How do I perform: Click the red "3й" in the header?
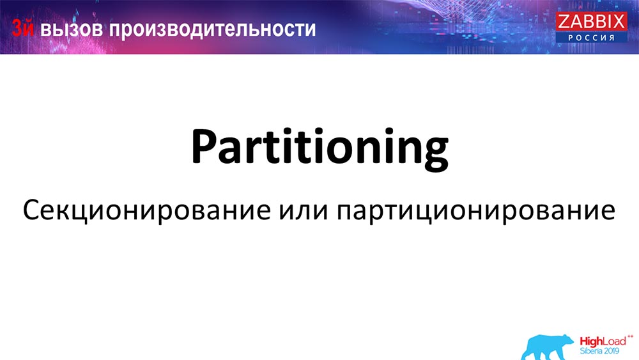click(24, 29)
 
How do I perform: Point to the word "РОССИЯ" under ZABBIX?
click(591, 38)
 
